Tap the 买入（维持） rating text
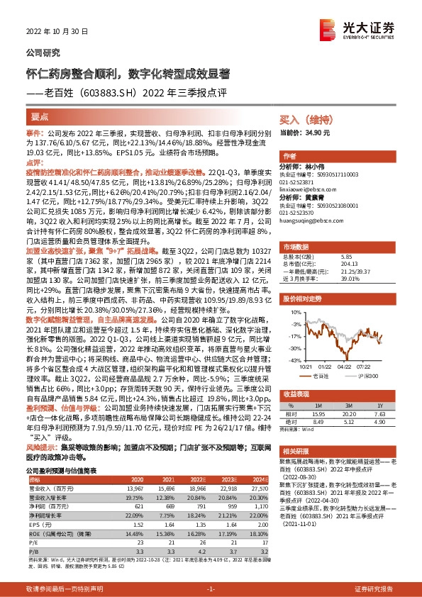click(304, 121)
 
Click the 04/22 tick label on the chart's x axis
click(344, 367)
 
